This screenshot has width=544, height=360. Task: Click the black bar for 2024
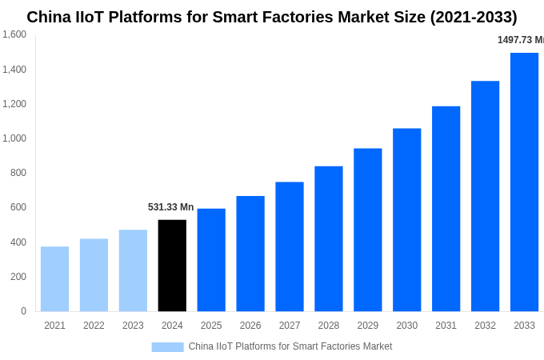click(172, 266)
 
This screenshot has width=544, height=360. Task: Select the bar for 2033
click(524, 182)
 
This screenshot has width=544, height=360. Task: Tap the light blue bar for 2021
click(54, 278)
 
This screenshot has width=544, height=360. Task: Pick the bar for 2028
click(328, 238)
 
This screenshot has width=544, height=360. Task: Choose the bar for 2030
click(406, 220)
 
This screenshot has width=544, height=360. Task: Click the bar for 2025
click(211, 260)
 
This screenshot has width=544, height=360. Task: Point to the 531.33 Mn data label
click(170, 207)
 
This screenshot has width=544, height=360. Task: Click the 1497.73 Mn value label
click(520, 40)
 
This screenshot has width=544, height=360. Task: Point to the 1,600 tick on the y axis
click(14, 34)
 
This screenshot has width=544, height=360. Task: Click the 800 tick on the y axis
click(18, 173)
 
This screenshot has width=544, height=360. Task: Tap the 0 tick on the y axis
click(23, 311)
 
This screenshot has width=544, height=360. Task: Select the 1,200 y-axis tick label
click(14, 104)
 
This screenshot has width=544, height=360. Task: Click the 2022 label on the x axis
click(94, 326)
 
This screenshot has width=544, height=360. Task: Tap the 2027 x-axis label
click(290, 326)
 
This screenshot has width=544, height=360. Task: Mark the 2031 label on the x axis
click(446, 326)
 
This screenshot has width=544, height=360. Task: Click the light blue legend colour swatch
click(167, 347)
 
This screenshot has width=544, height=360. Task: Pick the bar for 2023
click(133, 270)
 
